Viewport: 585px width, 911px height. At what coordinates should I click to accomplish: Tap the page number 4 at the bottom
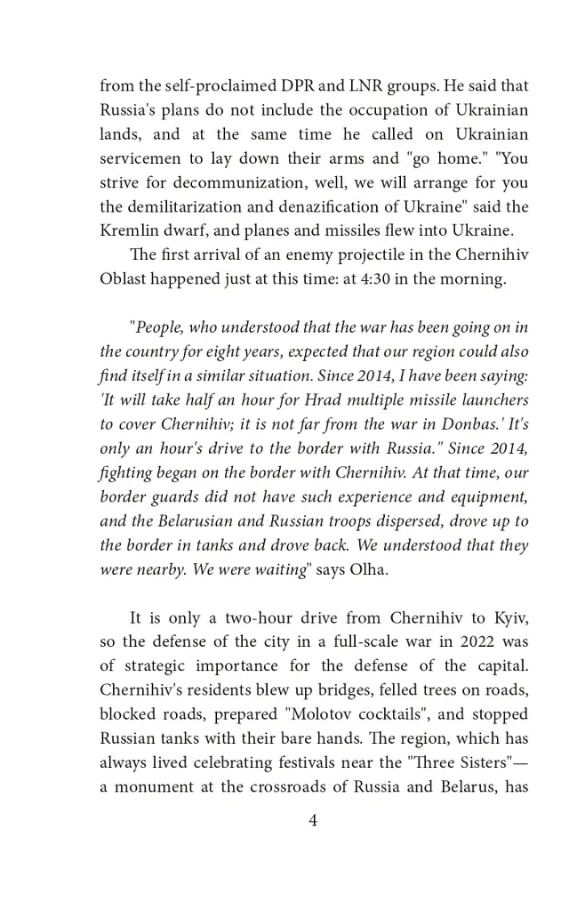(x=313, y=821)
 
